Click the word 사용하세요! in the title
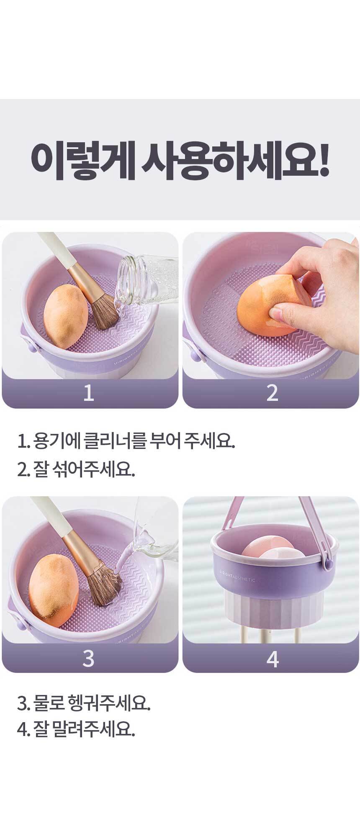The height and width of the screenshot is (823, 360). click(x=236, y=160)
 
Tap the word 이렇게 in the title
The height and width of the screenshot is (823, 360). click(x=82, y=160)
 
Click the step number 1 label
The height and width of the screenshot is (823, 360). click(x=88, y=393)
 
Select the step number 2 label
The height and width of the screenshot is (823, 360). click(x=272, y=393)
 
